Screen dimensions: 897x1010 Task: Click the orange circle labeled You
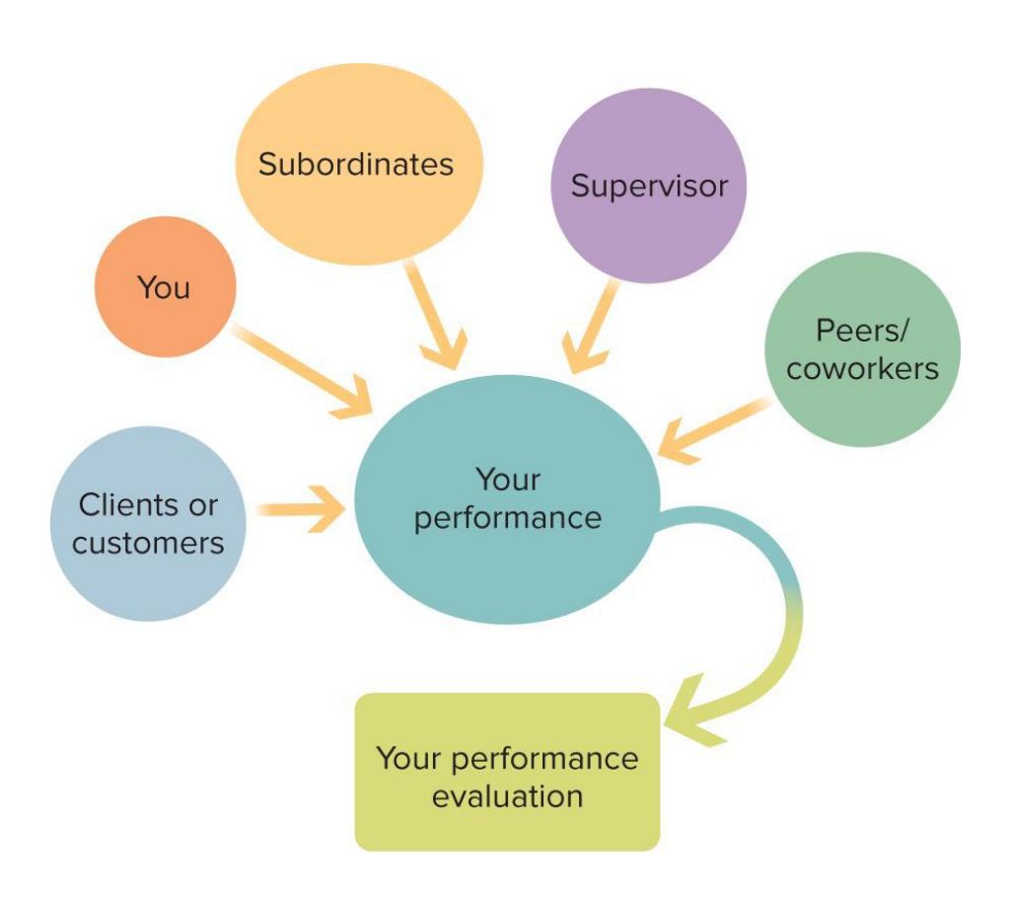pos(165,286)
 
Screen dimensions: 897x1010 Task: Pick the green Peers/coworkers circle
pos(862,350)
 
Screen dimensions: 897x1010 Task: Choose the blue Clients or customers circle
pos(148,523)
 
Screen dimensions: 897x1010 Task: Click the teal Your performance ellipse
pos(507,499)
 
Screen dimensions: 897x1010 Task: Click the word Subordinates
pos(356,164)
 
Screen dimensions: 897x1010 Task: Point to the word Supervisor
pos(649,186)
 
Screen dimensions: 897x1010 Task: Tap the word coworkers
pos(862,368)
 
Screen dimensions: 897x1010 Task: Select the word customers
pos(149,542)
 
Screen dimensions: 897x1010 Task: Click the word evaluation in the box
pos(507,795)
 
